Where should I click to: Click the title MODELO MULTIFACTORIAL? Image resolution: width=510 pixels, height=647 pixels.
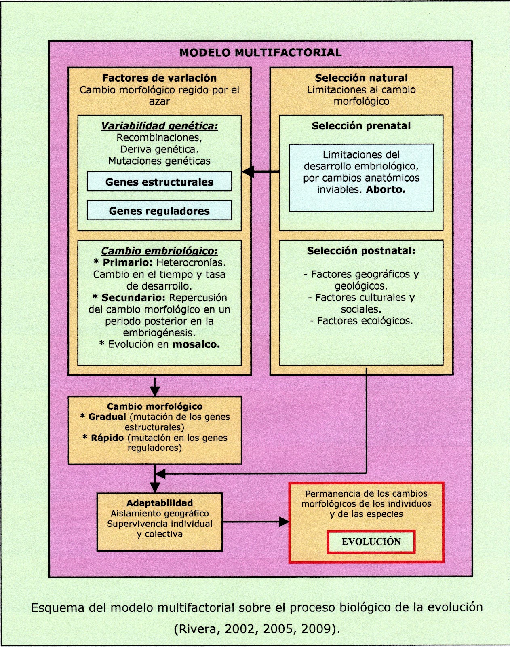click(x=261, y=53)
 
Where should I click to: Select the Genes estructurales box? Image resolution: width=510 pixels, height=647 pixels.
click(x=159, y=182)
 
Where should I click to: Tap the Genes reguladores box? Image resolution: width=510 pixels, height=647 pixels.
click(x=159, y=211)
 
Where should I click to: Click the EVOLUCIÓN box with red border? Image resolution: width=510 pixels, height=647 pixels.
click(x=371, y=542)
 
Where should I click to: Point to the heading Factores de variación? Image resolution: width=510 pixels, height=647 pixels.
click(x=159, y=78)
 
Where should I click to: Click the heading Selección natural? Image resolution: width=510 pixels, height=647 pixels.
click(x=361, y=78)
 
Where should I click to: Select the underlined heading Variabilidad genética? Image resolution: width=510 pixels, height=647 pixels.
click(x=159, y=126)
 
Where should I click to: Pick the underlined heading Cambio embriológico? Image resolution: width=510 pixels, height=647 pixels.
click(x=159, y=251)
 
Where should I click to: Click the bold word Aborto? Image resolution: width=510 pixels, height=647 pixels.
click(x=386, y=190)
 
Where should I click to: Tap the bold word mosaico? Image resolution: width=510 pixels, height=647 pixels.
click(x=196, y=345)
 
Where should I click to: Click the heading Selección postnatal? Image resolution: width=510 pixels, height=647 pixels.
click(x=361, y=251)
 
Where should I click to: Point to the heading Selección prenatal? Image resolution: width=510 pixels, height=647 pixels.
click(x=361, y=126)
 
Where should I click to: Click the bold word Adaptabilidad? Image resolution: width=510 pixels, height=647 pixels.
click(x=160, y=503)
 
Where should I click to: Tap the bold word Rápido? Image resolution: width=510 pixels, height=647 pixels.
click(x=107, y=438)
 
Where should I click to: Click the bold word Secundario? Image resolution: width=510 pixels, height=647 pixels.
click(x=133, y=298)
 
